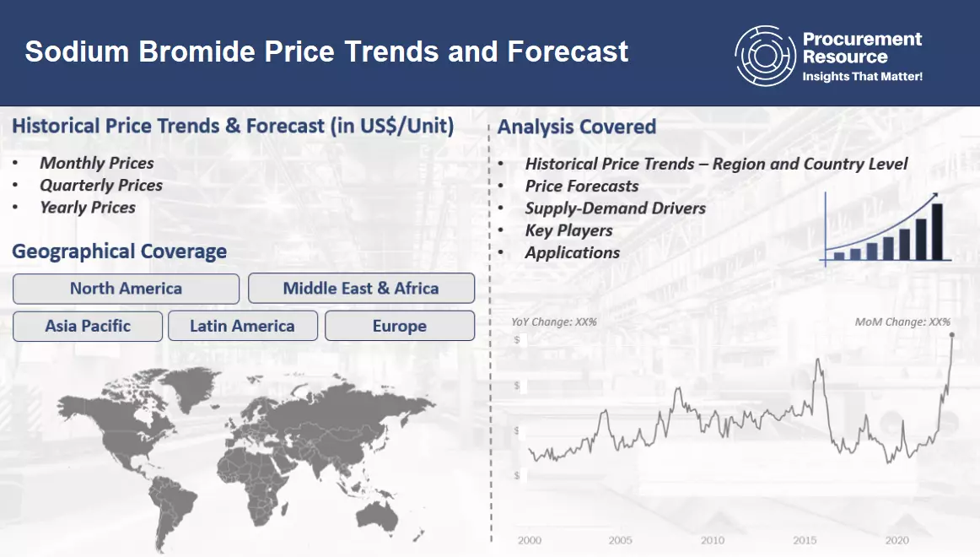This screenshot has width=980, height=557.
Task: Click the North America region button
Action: [126, 289]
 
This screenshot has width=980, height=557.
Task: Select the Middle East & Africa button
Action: [361, 289]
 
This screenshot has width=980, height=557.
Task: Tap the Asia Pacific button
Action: [88, 326]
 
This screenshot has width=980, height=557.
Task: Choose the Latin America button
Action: [242, 326]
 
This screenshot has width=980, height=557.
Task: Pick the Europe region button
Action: [400, 326]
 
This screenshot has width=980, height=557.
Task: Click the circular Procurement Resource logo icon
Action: [764, 56]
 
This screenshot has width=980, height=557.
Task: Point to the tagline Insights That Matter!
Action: [862, 77]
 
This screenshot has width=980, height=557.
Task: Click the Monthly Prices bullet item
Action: [97, 163]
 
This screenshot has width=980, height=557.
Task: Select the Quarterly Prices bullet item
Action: [101, 185]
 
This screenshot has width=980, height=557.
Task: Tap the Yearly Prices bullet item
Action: [88, 207]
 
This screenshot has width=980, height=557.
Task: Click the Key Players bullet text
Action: [568, 230]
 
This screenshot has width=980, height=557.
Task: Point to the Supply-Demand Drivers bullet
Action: [615, 208]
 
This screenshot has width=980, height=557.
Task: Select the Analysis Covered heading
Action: [576, 127]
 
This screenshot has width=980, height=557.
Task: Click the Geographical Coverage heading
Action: [119, 251]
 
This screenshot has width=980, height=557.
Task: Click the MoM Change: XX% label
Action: [902, 322]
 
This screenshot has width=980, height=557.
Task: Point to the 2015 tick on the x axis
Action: [804, 540]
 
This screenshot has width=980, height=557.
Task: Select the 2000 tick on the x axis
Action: [530, 540]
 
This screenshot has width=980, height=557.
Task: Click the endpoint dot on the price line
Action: [952, 336]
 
